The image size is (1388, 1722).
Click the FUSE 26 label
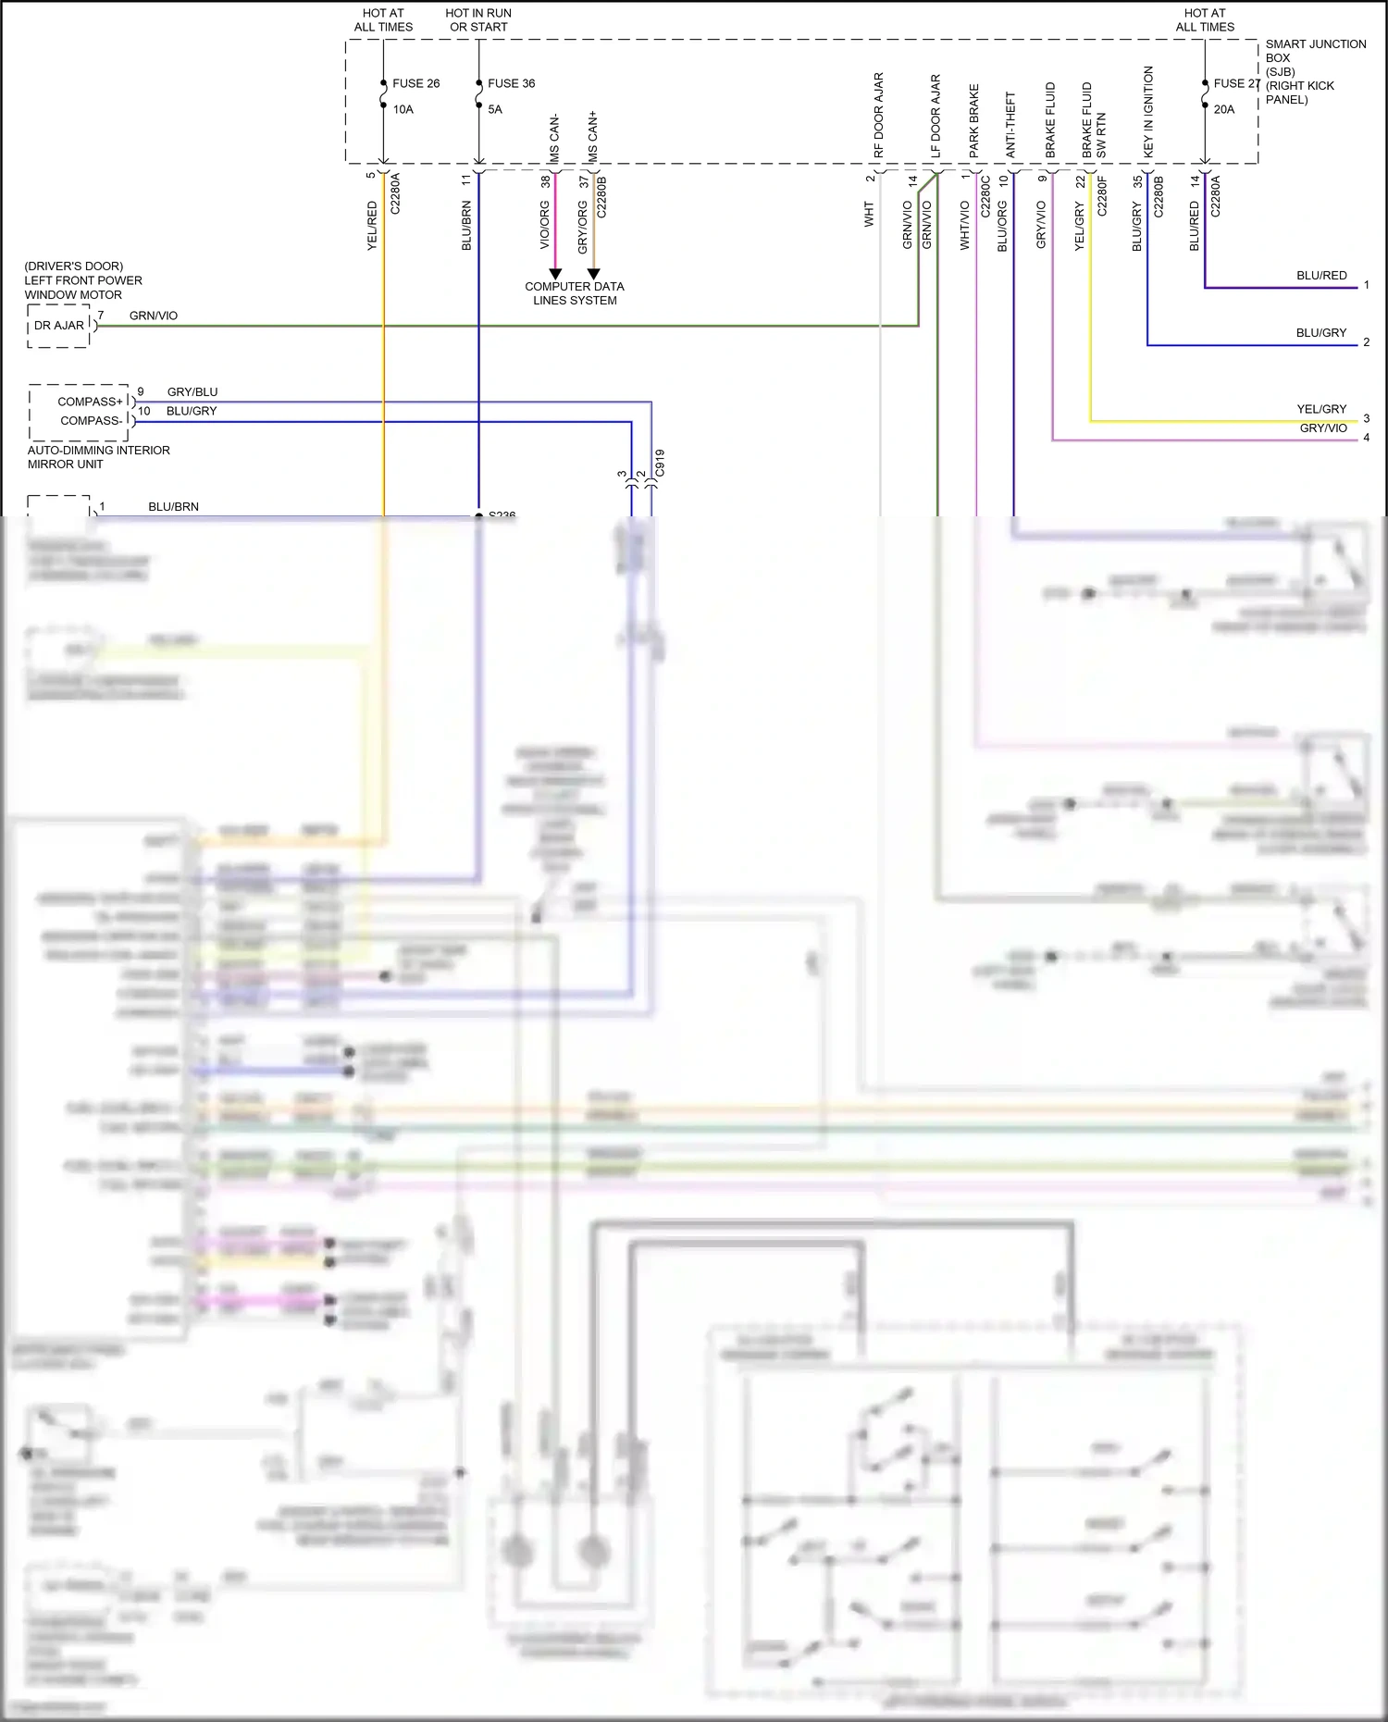coord(415,83)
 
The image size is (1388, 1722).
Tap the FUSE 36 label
coord(511,83)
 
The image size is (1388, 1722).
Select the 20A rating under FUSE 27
coord(1223,109)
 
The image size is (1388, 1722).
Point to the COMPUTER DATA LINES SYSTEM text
coord(574,293)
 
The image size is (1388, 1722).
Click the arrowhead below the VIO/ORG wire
coord(555,274)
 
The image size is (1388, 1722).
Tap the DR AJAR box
coord(58,326)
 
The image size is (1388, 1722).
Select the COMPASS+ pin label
coord(90,402)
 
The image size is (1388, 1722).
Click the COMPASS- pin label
coord(91,420)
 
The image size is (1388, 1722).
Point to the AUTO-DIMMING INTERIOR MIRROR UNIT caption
coord(98,457)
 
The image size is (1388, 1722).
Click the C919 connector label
coord(660,463)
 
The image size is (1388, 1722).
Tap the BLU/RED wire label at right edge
coord(1321,276)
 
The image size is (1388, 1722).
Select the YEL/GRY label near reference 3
coord(1321,409)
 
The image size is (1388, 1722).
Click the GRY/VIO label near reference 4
coord(1323,428)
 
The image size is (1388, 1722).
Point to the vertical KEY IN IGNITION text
coord(1148,111)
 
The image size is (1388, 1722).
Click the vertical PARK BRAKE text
coord(974,120)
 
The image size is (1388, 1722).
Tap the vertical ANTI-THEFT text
coord(1011,124)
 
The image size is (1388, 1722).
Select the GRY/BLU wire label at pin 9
coord(192,392)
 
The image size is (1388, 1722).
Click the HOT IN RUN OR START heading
coord(478,20)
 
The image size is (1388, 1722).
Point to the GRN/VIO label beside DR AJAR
coord(154,316)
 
